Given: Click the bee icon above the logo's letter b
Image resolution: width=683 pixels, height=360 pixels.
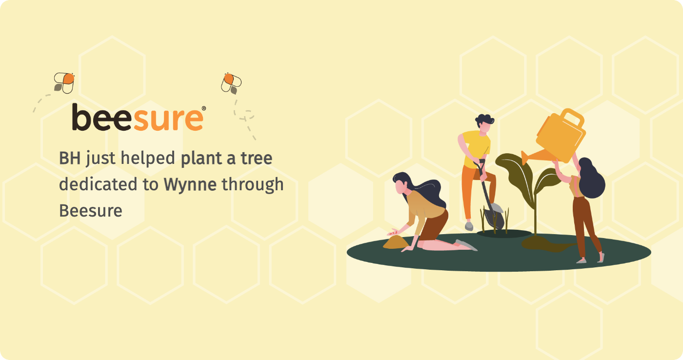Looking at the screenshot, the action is (x=64, y=83).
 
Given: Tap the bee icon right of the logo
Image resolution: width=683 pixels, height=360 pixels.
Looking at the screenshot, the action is (x=231, y=83).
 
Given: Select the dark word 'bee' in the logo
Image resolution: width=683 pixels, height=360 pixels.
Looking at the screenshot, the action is (x=102, y=117).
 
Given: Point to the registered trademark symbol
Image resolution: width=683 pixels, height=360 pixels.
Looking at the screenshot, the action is (x=204, y=108).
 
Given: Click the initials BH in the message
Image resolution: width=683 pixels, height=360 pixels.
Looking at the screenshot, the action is (x=70, y=158).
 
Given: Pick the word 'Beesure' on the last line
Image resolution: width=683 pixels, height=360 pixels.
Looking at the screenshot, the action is (x=91, y=211).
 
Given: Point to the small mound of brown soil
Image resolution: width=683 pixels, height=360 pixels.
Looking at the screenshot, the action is (x=396, y=242).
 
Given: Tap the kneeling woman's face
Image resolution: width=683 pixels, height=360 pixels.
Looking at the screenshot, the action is (x=401, y=186).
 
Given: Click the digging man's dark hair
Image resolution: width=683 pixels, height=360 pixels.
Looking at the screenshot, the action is (x=484, y=120).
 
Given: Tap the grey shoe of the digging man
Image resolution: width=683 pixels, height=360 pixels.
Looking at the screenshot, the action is (x=469, y=226).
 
